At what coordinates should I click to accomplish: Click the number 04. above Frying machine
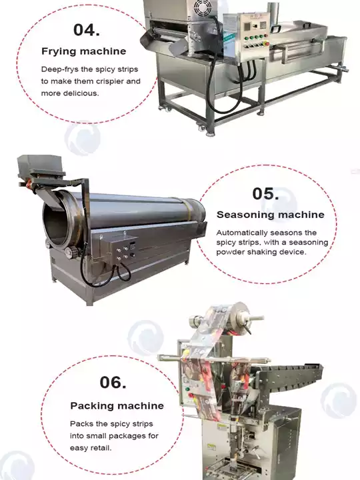[x=87, y=29]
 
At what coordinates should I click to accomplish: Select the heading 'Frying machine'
[x=83, y=51]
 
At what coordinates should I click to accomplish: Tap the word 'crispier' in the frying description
[x=107, y=81]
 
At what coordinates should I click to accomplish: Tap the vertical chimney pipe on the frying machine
[x=273, y=13]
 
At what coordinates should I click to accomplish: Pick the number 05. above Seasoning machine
[x=265, y=193]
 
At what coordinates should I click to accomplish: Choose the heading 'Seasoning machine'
[x=270, y=215]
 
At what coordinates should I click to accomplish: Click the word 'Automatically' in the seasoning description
[x=245, y=233]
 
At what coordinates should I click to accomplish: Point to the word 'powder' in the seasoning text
[x=231, y=252]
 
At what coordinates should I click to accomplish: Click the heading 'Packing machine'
[x=117, y=405]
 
